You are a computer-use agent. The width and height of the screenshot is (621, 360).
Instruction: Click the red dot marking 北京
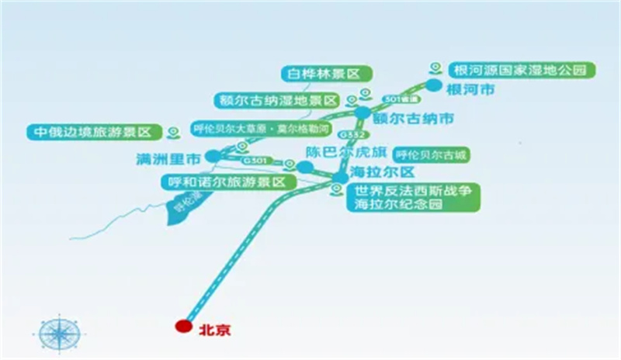point(183,327)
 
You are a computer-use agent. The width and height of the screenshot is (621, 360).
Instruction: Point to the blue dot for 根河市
point(433,85)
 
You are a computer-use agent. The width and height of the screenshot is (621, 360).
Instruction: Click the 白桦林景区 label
point(327,74)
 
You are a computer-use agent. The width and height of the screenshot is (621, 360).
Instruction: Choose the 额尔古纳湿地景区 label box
point(277,101)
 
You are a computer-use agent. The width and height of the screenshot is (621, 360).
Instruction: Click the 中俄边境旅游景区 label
point(92,132)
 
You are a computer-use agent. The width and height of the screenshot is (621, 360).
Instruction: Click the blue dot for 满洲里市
point(213,157)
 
